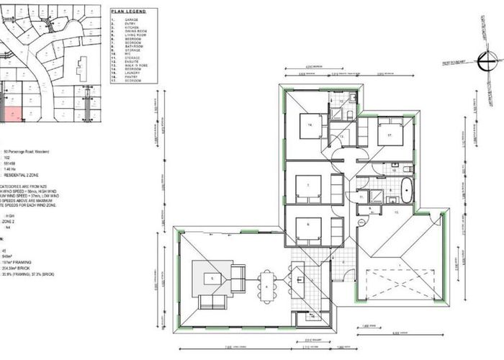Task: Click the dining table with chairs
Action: pos(268,286)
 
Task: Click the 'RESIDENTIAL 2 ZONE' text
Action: pos(26,175)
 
